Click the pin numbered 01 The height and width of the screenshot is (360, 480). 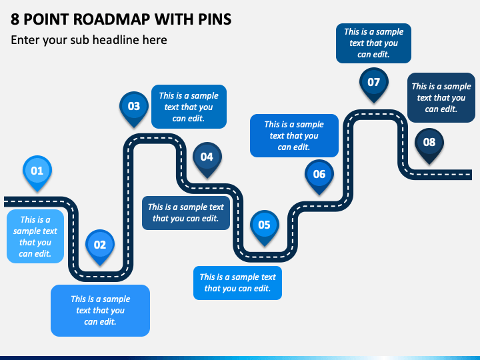(37, 171)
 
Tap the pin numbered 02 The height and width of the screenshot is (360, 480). (99, 245)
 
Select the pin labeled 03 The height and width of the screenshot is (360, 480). (134, 106)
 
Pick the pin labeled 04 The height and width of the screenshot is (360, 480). (207, 157)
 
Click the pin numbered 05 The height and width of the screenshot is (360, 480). (264, 225)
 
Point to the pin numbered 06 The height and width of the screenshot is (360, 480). (319, 175)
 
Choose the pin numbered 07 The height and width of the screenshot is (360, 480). (373, 83)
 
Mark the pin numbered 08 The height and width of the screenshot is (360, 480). (429, 142)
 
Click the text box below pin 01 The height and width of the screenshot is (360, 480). (35, 236)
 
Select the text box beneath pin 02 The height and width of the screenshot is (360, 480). (100, 310)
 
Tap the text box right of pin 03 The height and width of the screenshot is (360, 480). (189, 106)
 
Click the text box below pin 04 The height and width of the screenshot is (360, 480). (185, 212)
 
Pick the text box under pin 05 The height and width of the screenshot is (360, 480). (237, 283)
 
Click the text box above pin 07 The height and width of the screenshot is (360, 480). (373, 43)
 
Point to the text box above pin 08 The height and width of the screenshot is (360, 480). (441, 97)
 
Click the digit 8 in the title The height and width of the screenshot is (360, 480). (15, 19)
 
